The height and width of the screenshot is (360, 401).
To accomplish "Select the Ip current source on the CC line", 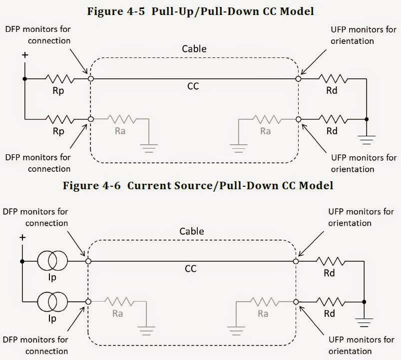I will coord(52,261).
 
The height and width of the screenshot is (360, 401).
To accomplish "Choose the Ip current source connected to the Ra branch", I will coord(52,302).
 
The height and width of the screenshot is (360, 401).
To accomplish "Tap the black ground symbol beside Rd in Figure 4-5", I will coord(367,138).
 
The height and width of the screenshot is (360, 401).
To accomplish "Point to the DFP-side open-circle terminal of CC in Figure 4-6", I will coord(88,261).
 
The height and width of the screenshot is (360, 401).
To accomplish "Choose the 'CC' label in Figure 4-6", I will coord(191,269).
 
